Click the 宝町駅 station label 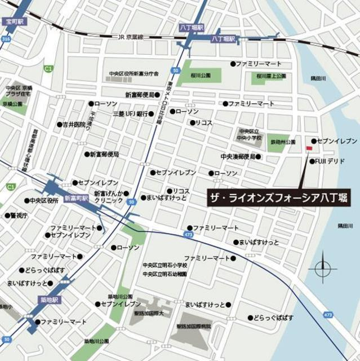click(x=14, y=21)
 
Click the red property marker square click(x=308, y=148)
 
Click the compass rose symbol click(x=323, y=267)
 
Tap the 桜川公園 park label click(x=200, y=75)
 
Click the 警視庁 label click(x=17, y=215)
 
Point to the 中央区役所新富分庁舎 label click(x=134, y=74)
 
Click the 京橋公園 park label click(x=11, y=104)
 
